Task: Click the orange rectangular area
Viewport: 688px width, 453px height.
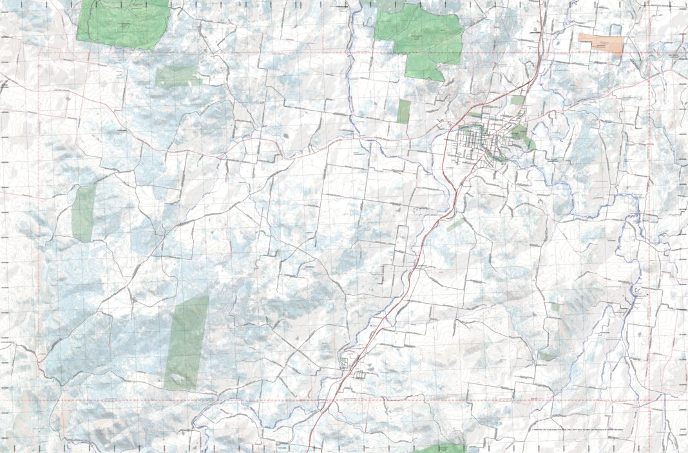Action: pos(601,44)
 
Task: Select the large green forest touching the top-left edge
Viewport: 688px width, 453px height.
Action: pos(122,24)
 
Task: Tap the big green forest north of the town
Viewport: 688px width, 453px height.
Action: pos(420,39)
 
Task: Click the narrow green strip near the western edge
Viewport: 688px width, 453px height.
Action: pos(84,213)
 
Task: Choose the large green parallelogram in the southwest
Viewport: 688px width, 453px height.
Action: pos(187,342)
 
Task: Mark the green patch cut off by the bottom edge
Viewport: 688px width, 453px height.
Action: pos(444,448)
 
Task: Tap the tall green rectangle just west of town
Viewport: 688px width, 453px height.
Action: pos(404,111)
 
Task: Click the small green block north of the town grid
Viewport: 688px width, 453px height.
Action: pos(517,100)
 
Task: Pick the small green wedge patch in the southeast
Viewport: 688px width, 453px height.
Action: pos(547,356)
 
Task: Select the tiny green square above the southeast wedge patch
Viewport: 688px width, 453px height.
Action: pos(555,308)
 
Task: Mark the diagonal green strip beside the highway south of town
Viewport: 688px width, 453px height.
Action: pos(456,224)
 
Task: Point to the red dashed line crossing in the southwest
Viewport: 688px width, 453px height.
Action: pos(39,400)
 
